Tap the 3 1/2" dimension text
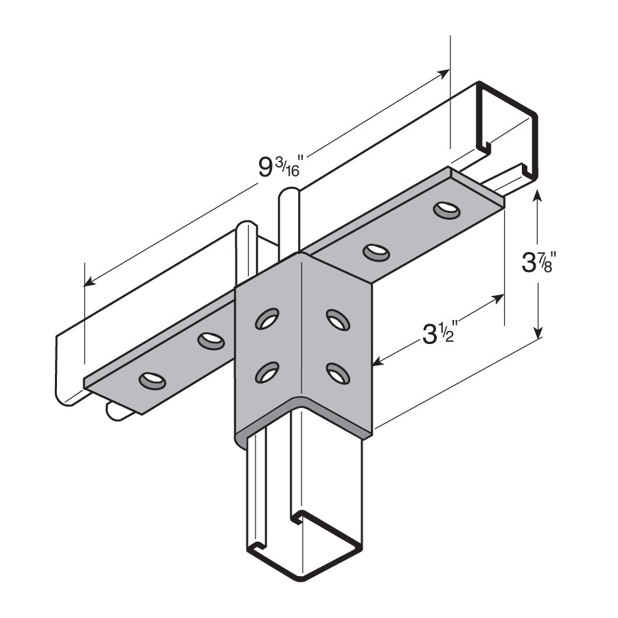tap(439, 334)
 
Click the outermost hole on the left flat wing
tap(152, 380)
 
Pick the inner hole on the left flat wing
tap(211, 340)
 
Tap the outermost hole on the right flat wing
tap(447, 209)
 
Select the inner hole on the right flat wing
tap(376, 253)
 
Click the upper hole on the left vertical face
tap(266, 319)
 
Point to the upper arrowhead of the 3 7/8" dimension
tap(538, 196)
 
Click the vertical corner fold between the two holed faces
tap(301, 330)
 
